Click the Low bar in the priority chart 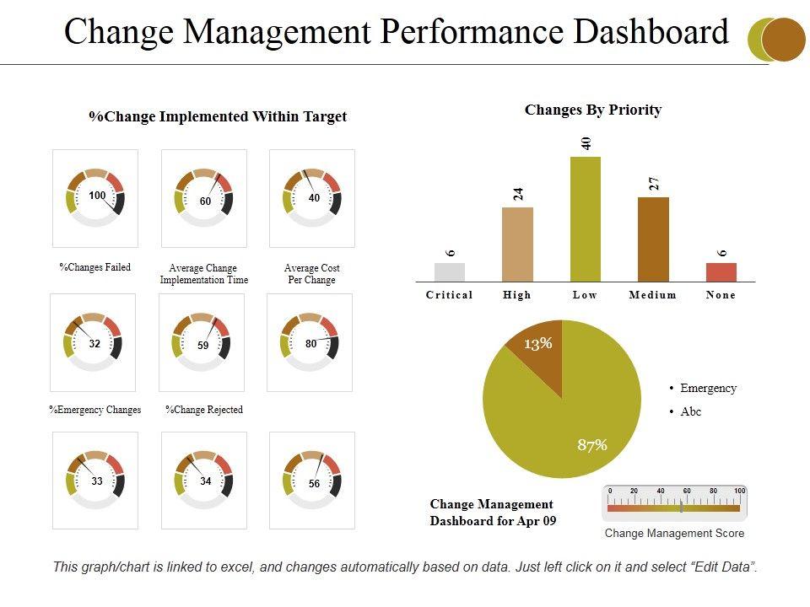click(586, 219)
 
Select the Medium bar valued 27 click(653, 239)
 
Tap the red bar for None click(721, 271)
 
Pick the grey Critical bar click(450, 271)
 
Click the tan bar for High click(517, 244)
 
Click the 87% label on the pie click(592, 445)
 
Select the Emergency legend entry click(708, 389)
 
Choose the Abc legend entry click(691, 412)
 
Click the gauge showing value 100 click(95, 198)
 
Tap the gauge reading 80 click(310, 344)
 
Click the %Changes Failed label click(94, 267)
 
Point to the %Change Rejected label click(203, 410)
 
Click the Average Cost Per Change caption click(312, 274)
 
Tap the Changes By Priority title click(593, 110)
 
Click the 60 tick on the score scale click(688, 491)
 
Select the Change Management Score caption click(674, 533)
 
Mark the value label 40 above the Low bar click(586, 142)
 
